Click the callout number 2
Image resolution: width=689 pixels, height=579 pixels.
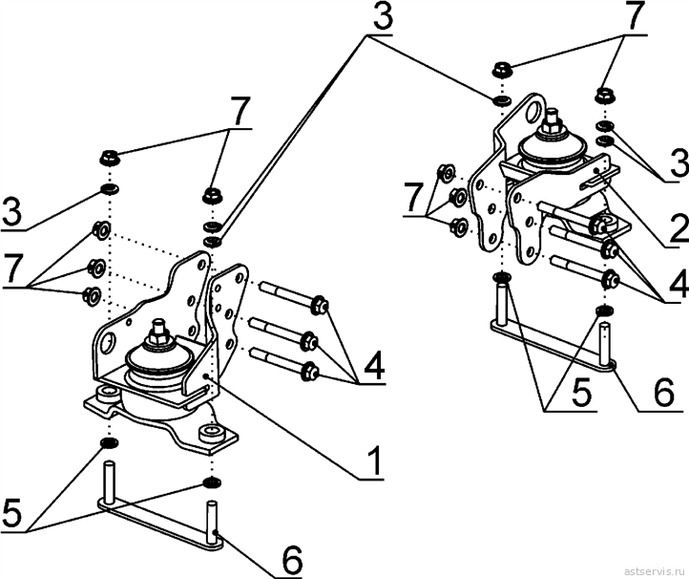click(x=679, y=228)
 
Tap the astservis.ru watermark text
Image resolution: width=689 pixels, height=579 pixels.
click(x=655, y=571)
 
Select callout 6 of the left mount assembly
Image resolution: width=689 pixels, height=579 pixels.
click(x=290, y=561)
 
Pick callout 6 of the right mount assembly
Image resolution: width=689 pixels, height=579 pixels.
click(x=662, y=393)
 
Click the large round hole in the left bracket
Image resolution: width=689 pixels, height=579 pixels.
click(x=107, y=343)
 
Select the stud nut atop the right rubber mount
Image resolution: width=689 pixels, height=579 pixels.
click(x=550, y=127)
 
